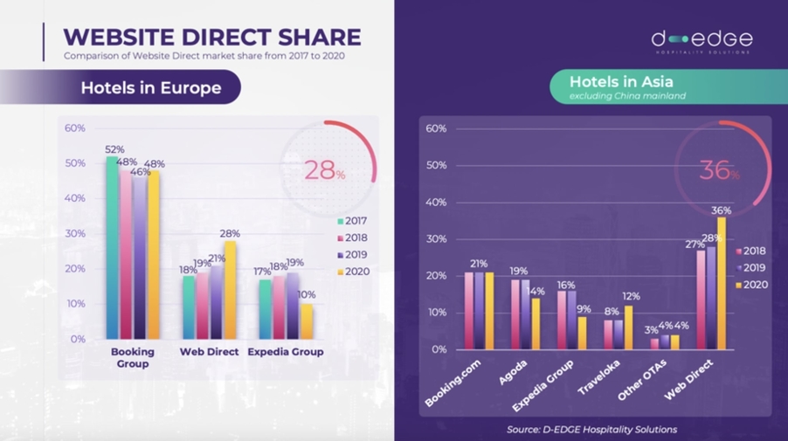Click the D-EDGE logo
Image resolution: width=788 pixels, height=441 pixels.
(701, 41)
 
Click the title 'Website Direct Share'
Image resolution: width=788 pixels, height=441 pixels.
(212, 37)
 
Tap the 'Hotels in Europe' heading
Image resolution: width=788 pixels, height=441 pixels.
(150, 88)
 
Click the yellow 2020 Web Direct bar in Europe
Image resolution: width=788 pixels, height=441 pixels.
(230, 290)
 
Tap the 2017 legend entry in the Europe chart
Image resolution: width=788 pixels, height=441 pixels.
(350, 220)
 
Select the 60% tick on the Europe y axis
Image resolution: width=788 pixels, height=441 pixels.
(75, 127)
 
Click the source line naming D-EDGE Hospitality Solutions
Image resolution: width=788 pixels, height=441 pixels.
(591, 429)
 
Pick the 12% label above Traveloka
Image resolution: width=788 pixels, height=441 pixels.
(631, 296)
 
